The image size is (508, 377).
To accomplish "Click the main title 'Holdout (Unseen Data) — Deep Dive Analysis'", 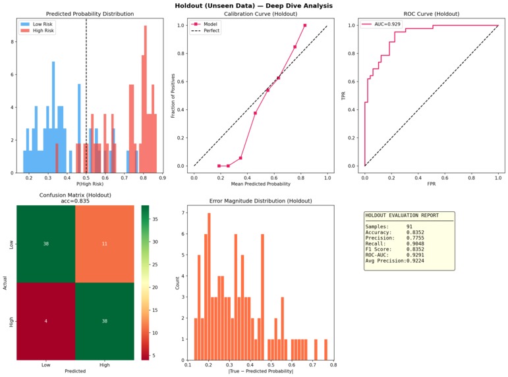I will click(x=254, y=5).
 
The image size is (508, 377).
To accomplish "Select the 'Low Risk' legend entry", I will click(x=42, y=23).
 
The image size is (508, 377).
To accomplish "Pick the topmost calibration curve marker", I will click(x=305, y=26).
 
